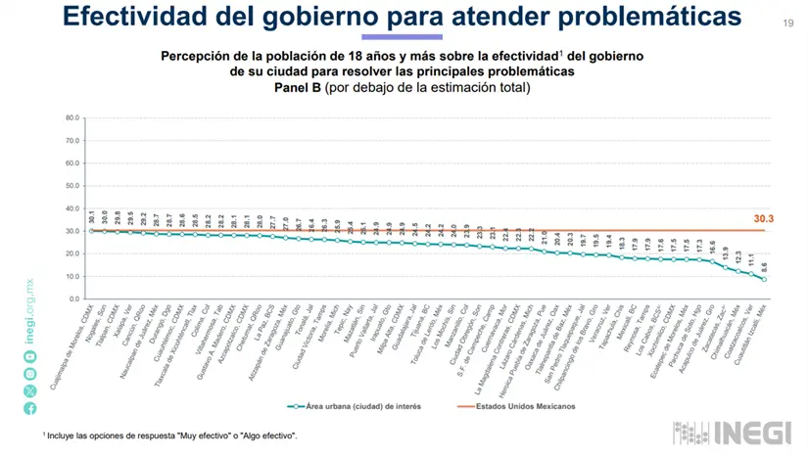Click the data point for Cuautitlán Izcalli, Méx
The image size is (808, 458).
point(764,280)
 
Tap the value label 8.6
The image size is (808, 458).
point(764,265)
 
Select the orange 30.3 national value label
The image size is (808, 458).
point(763,219)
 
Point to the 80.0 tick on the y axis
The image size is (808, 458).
point(72,118)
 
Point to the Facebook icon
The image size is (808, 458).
point(30,408)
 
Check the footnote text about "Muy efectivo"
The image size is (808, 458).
point(171,435)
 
